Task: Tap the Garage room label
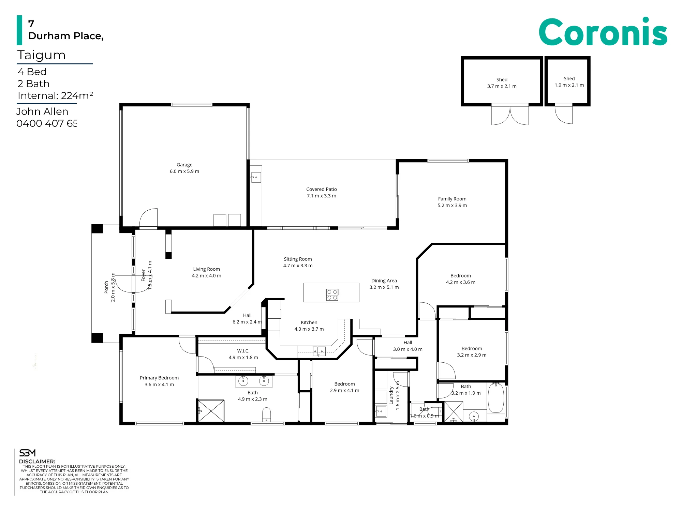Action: point(184,168)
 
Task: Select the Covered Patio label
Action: point(322,193)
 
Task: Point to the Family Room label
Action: point(452,202)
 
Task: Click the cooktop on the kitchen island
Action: point(332,295)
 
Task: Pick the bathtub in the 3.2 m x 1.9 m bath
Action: point(496,398)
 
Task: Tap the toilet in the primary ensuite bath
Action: point(266,414)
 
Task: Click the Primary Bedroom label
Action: point(159,381)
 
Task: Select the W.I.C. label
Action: point(243,354)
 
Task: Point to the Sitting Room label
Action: point(298,262)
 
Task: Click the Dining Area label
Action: point(384,284)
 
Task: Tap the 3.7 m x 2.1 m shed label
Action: point(502,83)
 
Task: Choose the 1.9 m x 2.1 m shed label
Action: point(569,82)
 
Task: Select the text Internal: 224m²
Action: point(55,95)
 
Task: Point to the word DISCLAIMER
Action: point(37,462)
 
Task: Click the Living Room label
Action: point(206,272)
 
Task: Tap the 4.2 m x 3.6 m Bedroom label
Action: point(460,279)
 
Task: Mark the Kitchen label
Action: point(309,326)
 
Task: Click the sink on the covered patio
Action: point(256,177)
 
